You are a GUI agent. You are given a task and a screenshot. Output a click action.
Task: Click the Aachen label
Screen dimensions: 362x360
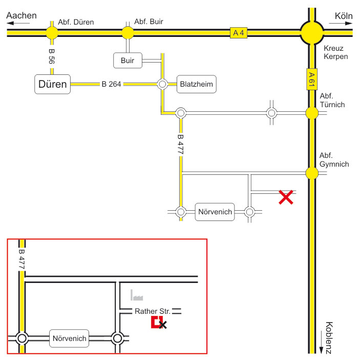(22, 15)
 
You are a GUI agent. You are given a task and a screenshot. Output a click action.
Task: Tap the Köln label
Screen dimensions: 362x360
(344, 15)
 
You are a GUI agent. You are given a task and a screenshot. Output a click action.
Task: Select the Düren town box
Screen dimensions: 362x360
(53, 84)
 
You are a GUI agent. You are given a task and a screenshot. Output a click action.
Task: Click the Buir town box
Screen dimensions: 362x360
(128, 61)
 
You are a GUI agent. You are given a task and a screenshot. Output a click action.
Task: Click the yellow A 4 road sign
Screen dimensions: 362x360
(238, 33)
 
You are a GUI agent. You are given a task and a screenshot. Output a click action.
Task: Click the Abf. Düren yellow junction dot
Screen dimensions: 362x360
(52, 33)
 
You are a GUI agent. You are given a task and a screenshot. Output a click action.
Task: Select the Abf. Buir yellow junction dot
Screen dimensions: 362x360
(128, 33)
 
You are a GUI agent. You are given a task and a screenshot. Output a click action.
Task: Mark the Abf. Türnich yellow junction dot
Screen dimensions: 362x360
(312, 113)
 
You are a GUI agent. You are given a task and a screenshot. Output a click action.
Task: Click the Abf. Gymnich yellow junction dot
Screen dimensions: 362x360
(312, 173)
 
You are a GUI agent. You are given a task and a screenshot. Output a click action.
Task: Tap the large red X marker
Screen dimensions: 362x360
(286, 197)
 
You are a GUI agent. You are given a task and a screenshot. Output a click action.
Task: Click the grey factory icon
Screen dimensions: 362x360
(137, 295)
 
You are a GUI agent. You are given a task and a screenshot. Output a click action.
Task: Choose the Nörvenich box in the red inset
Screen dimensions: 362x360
(69, 338)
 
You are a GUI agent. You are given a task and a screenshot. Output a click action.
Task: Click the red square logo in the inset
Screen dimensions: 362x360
(157, 323)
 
